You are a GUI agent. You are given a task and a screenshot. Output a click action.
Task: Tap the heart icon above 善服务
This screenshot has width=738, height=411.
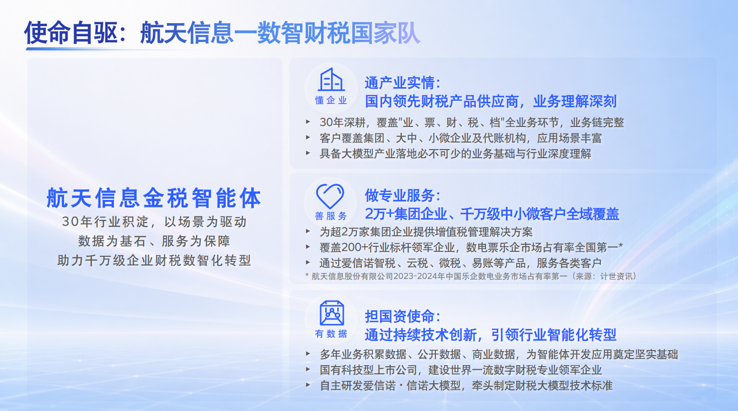pos(330,196)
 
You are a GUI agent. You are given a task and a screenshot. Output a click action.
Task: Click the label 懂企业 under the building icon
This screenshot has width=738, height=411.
pos(331,100)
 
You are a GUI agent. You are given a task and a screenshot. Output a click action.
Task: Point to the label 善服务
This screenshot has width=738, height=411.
pos(331,216)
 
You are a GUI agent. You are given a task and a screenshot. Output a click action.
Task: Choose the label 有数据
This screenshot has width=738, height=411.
pos(331,333)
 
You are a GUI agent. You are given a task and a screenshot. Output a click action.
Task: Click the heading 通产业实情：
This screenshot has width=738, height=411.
pos(403,83)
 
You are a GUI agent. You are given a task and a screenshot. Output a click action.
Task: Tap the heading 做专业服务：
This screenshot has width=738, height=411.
pos(403,195)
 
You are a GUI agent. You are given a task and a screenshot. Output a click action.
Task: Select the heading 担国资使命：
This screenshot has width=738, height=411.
pos(403,316)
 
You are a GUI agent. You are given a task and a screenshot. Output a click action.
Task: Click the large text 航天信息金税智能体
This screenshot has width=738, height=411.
pos(154,198)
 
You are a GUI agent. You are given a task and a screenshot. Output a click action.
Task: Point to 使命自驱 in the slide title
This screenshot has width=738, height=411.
pos(71,33)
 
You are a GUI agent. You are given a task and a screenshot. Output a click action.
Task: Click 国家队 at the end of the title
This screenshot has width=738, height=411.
pos(386,33)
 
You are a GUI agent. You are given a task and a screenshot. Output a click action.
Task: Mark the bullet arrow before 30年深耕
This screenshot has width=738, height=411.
pos(308,122)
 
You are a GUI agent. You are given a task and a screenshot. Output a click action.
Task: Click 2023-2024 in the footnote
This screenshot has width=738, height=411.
pos(415,276)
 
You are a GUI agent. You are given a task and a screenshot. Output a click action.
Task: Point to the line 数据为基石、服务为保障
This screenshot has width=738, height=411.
pos(154,241)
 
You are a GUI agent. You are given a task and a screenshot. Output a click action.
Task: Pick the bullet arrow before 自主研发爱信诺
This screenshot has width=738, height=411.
pos(308,385)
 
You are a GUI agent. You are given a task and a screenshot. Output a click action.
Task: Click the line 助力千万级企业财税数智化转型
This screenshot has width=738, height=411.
pos(154,260)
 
